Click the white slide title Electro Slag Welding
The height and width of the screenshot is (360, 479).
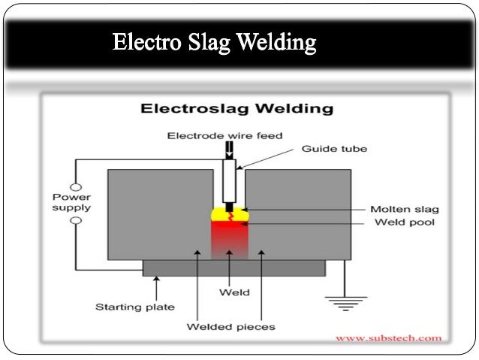pos(215,42)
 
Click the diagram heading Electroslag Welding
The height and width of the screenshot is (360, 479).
pos(236,109)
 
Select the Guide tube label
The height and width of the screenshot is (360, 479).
pos(334,149)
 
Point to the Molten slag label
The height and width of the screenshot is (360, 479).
pos(405,209)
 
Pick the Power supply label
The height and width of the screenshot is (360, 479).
pos(71,202)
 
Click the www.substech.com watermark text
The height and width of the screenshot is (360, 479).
pos(388,339)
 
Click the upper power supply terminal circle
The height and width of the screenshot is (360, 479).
pos(75,186)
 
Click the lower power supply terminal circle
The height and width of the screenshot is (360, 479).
pos(75,221)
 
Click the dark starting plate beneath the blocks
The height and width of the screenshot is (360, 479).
pos(233,268)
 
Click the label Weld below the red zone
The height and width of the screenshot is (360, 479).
pos(230,292)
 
